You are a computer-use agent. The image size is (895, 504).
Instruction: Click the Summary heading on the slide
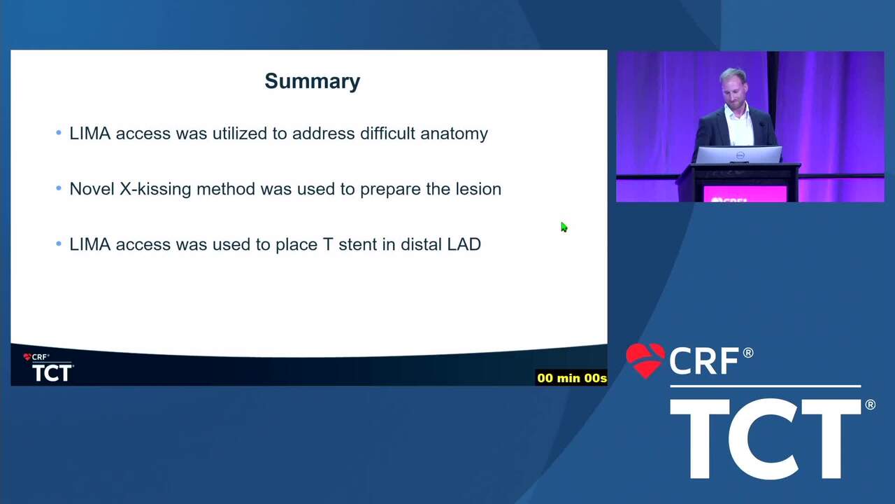pyautogui.click(x=313, y=82)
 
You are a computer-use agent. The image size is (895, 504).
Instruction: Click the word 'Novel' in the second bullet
pyautogui.click(x=92, y=189)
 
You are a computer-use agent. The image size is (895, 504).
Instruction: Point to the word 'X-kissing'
pyautogui.click(x=155, y=190)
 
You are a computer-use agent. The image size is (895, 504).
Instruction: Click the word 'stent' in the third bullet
pyautogui.click(x=357, y=244)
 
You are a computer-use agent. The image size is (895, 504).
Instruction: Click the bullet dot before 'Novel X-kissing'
pyautogui.click(x=59, y=188)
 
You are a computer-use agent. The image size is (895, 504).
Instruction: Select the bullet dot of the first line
pyautogui.click(x=59, y=132)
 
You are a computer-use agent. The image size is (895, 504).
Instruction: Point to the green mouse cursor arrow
pyautogui.click(x=564, y=227)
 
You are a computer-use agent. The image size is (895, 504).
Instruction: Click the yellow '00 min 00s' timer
pyautogui.click(x=571, y=378)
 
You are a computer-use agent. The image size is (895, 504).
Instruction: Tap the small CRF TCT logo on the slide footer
pyautogui.click(x=48, y=367)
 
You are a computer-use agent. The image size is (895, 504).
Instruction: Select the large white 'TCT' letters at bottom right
pyautogui.click(x=766, y=439)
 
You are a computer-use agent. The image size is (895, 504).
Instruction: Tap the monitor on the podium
pyautogui.click(x=739, y=155)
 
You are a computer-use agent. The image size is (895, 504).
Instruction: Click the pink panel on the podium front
pyautogui.click(x=745, y=194)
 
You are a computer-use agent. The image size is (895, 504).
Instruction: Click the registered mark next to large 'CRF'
pyautogui.click(x=748, y=353)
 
